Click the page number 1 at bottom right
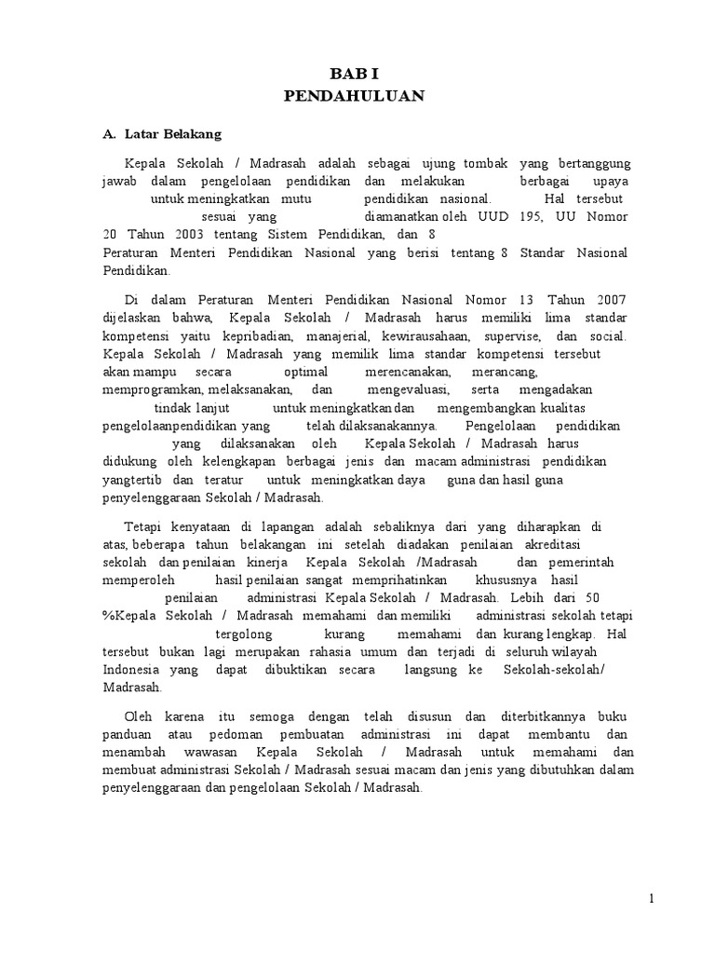(653, 898)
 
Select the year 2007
(606, 300)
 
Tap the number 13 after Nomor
(528, 300)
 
